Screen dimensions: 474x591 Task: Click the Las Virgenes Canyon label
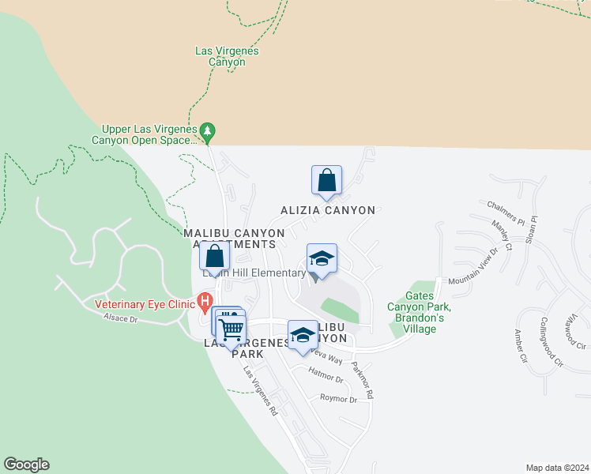pyautogui.click(x=227, y=56)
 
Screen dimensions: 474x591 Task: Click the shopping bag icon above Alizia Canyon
pyautogui.click(x=326, y=181)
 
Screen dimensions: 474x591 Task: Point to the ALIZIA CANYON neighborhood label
pyautogui.click(x=328, y=210)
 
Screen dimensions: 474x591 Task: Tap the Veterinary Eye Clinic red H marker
pyautogui.click(x=205, y=301)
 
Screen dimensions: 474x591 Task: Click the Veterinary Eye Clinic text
pyautogui.click(x=145, y=304)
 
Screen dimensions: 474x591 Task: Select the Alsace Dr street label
pyautogui.click(x=120, y=319)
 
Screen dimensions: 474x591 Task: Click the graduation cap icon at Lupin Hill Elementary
pyautogui.click(x=322, y=258)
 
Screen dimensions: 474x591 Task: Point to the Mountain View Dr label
pyautogui.click(x=472, y=268)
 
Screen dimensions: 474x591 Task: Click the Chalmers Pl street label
pyautogui.click(x=506, y=216)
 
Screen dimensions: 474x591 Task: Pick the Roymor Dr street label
pyautogui.click(x=338, y=399)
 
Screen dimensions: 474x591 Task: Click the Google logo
pyautogui.click(x=27, y=465)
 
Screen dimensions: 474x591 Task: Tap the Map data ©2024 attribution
pyautogui.click(x=557, y=467)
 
